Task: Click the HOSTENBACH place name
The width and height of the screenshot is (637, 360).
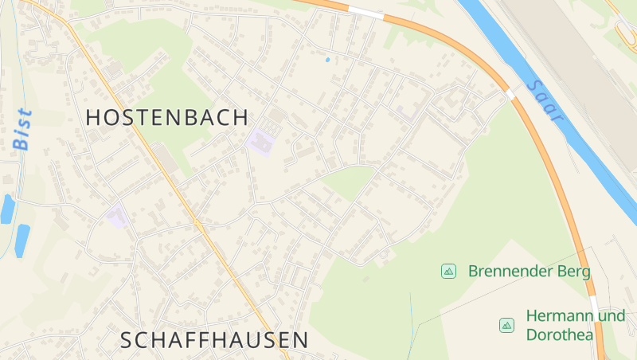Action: [x=166, y=118]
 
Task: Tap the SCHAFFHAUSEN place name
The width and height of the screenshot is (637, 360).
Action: [x=214, y=340]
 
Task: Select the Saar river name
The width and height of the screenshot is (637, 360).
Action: [x=545, y=100]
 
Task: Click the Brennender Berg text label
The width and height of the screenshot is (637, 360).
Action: [x=530, y=272]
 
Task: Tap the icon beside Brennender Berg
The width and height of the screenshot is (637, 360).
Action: [x=448, y=272]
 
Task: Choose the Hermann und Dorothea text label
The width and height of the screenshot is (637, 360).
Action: [x=575, y=325]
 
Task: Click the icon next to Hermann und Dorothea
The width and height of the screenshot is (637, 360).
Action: [x=506, y=325]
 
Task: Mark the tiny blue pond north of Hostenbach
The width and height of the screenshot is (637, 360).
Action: [x=327, y=59]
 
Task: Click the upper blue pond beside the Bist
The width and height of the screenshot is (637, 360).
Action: [x=7, y=209]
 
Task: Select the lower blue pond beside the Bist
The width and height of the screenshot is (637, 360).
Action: [x=21, y=240]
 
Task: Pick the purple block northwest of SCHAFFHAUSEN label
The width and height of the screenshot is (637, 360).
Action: [x=117, y=216]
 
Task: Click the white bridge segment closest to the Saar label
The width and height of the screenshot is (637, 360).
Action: [x=510, y=93]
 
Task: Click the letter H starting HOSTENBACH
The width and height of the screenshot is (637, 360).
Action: [x=93, y=118]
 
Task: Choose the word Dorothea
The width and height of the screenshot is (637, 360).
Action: [x=560, y=335]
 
